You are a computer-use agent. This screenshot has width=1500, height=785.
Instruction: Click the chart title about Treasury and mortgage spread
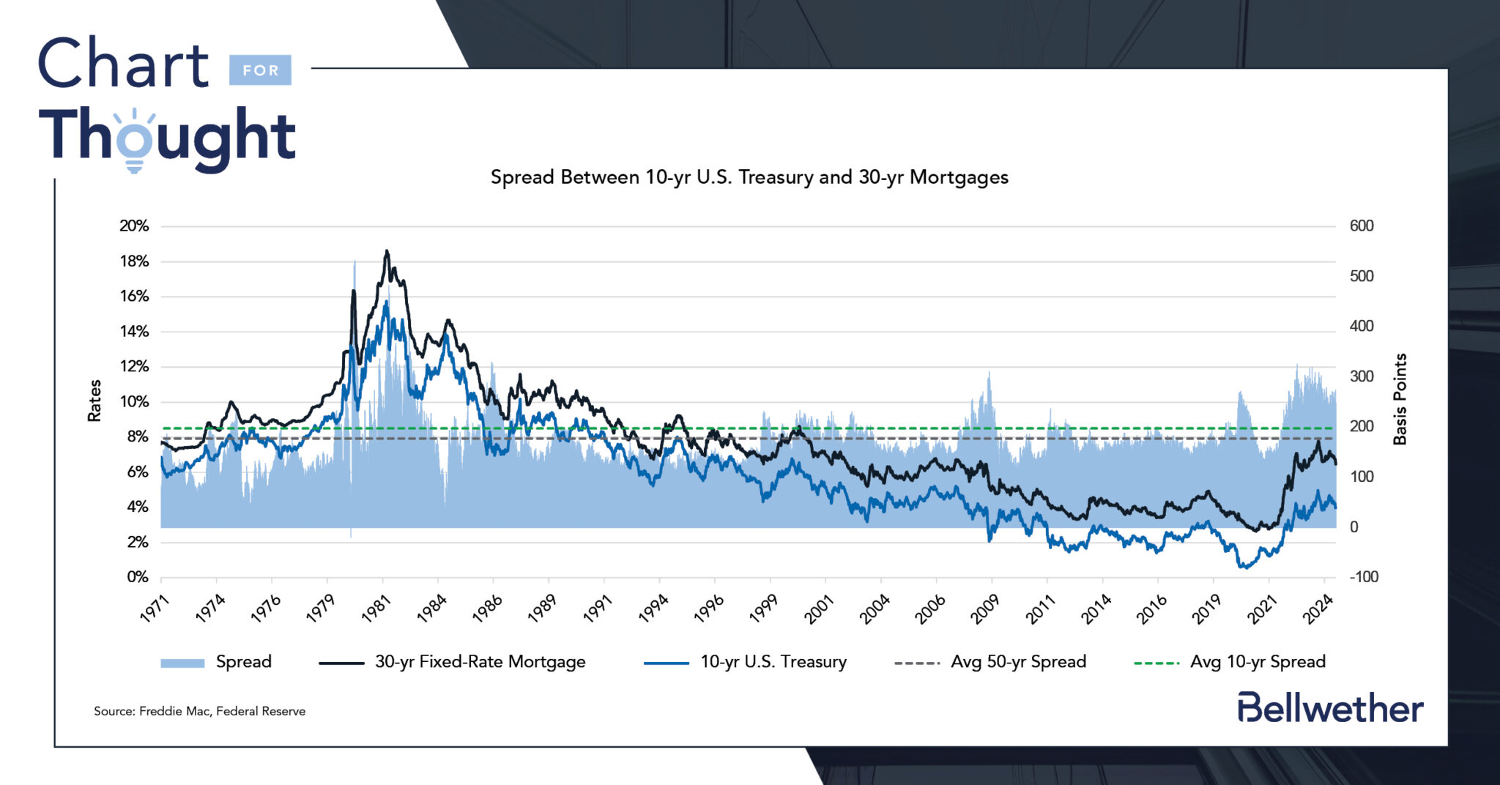(749, 177)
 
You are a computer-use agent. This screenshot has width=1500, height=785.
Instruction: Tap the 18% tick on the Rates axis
(134, 261)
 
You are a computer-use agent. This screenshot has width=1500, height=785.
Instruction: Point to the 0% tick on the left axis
(137, 577)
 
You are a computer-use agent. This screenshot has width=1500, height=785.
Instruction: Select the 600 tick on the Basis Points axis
(1362, 226)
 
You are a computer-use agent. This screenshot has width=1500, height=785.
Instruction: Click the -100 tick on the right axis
(1364, 577)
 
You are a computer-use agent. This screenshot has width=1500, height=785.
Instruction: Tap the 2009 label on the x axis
(985, 608)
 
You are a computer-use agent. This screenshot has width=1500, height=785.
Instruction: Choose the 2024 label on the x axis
(1317, 608)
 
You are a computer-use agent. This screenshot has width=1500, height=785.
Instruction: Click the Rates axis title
(94, 401)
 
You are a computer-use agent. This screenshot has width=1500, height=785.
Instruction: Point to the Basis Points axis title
(1400, 399)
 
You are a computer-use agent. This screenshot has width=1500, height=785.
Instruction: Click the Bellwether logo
(1330, 708)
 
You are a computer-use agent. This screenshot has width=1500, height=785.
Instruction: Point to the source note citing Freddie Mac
(199, 711)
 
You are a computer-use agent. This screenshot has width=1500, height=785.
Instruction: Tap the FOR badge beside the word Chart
(260, 70)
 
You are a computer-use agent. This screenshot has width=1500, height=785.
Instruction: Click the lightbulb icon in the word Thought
(134, 143)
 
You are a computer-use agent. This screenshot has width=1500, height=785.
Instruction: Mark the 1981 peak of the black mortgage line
(387, 251)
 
